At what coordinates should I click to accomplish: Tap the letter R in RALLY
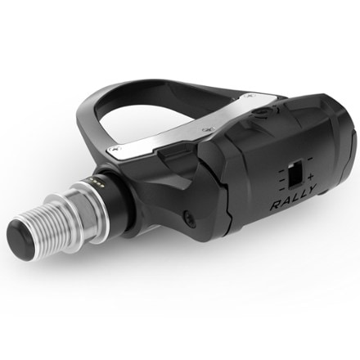(276, 205)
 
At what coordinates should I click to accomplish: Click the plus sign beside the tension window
(310, 177)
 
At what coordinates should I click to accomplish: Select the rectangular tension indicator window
(295, 174)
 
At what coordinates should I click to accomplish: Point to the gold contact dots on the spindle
(97, 183)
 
